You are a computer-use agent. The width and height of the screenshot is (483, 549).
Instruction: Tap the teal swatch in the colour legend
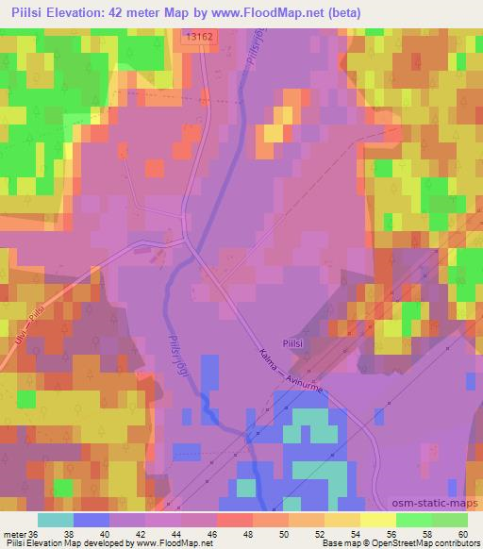56,520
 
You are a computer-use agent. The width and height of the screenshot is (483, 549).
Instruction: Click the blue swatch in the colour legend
92,520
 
